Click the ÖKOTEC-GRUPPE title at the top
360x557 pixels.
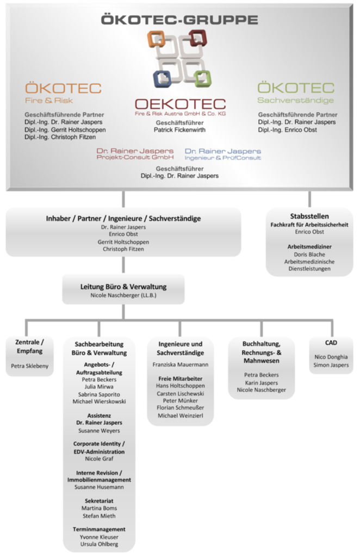click(179, 20)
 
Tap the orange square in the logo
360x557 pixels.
click(156, 39)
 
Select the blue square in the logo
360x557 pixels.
click(162, 78)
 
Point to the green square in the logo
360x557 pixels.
click(203, 78)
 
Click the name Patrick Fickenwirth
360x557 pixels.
click(179, 130)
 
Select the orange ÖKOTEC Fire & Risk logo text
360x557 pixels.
click(63, 93)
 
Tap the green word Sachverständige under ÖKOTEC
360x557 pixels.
click(295, 100)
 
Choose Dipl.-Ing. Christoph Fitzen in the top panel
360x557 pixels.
click(60, 137)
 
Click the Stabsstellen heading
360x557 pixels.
click(309, 216)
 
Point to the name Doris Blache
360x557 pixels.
click(309, 255)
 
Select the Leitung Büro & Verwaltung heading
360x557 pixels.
click(123, 287)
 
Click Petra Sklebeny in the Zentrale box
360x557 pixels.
click(29, 366)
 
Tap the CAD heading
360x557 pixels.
click(331, 343)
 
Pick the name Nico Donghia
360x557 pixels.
click(331, 357)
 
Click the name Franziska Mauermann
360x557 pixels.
click(181, 364)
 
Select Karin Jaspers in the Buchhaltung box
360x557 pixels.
click(262, 382)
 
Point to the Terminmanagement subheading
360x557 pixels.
click(99, 529)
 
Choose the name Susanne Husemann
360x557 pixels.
click(99, 487)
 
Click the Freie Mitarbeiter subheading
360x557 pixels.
click(181, 379)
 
